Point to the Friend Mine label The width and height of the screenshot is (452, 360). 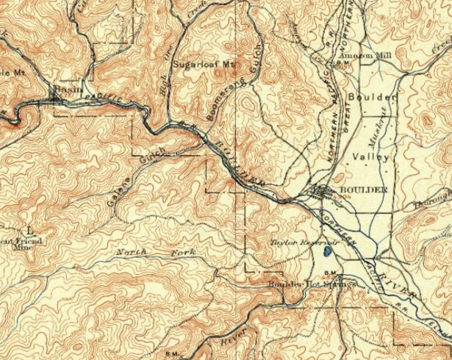(19, 244)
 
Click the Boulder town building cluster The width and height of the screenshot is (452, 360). (323, 193)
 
